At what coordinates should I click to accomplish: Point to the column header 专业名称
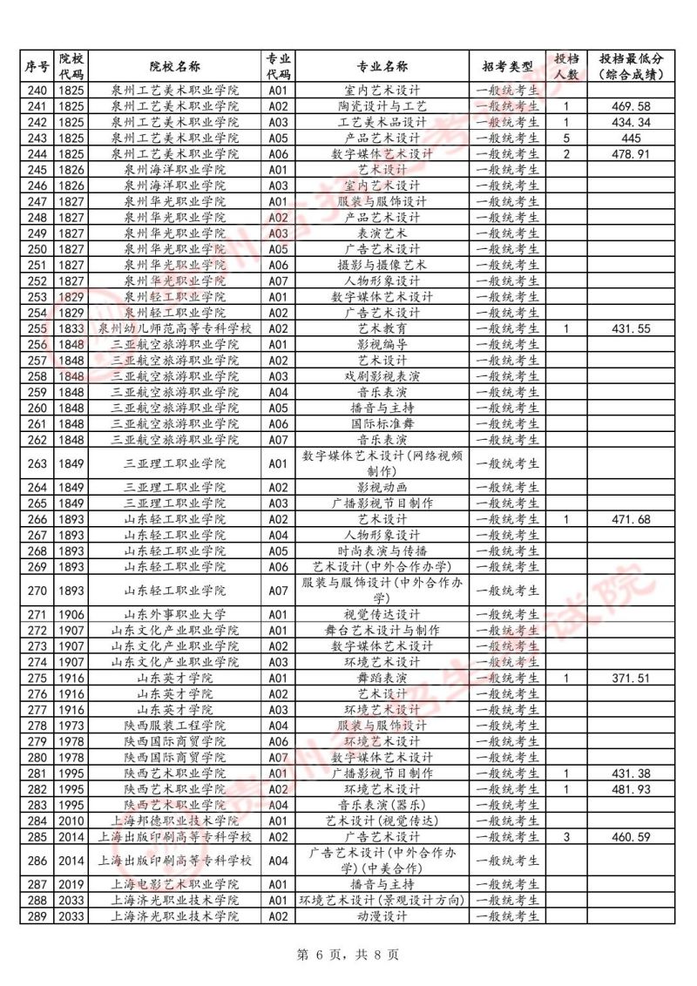(382, 67)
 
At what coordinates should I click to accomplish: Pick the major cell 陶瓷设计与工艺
(382, 106)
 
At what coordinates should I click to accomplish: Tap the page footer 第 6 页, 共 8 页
(348, 955)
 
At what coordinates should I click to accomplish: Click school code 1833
(71, 328)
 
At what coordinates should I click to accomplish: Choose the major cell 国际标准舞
(382, 424)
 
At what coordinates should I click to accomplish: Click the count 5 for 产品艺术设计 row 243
(566, 138)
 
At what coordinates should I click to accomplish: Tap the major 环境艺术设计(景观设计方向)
(382, 901)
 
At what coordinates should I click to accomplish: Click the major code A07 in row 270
(278, 591)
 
